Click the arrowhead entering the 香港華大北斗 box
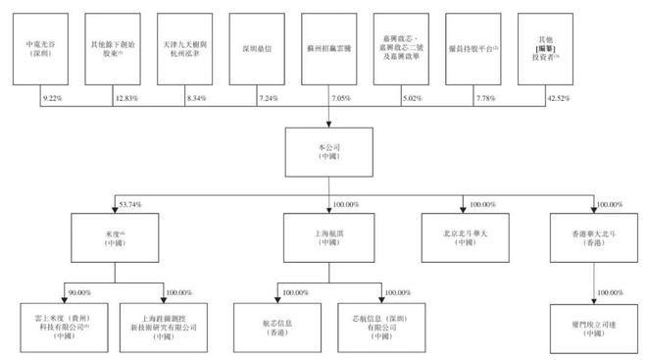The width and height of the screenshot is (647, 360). pyautogui.click(x=594, y=214)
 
